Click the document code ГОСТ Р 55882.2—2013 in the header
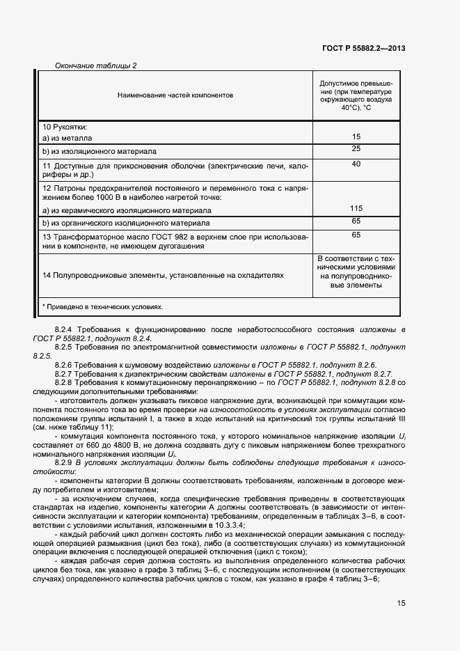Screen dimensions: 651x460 tap(364, 48)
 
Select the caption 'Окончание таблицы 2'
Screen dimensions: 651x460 tap(95, 66)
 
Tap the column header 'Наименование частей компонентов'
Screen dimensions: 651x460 tap(175, 95)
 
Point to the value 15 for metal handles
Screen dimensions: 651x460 tap(356, 137)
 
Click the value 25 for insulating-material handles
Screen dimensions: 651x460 tap(356, 149)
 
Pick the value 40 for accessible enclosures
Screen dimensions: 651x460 tap(356, 164)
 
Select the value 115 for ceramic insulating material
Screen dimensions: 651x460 tap(356, 208)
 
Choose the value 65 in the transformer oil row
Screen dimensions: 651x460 tap(356, 235)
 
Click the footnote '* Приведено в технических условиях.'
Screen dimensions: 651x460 tap(102, 306)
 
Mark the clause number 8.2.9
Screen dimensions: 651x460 tap(65, 462)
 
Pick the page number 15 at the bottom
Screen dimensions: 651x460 tap(401, 604)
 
